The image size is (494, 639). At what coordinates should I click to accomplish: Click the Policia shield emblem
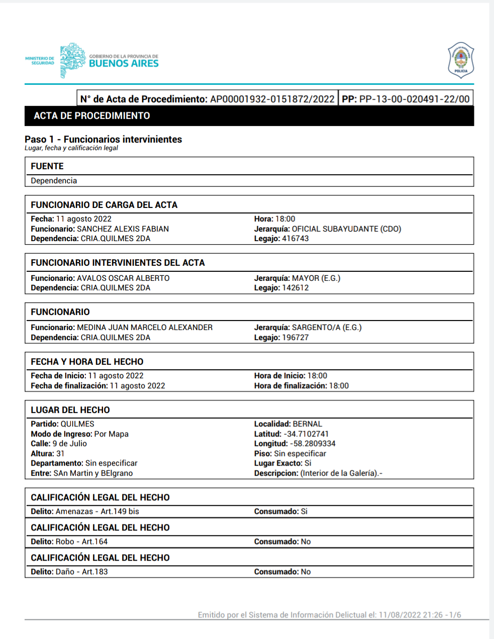[x=460, y=60]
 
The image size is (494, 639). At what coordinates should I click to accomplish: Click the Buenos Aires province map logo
[x=72, y=60]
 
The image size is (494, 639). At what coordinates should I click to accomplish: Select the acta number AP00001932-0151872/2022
[x=272, y=99]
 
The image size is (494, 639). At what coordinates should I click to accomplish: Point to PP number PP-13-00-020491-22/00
[x=414, y=99]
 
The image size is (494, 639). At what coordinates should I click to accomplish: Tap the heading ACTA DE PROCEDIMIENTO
[x=92, y=116]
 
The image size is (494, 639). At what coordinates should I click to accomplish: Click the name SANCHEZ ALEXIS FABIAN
[x=123, y=229]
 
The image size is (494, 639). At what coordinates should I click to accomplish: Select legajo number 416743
[x=295, y=239]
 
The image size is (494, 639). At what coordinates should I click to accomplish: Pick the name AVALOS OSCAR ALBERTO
[x=123, y=278]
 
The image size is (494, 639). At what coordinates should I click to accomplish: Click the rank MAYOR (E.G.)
[x=316, y=278]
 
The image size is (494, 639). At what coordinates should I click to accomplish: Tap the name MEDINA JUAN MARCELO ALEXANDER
[x=145, y=328]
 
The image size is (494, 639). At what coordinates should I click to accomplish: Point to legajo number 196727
[x=295, y=338]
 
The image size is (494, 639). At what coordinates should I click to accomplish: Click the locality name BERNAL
[x=308, y=424]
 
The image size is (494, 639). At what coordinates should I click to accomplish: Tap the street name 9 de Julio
[x=70, y=444]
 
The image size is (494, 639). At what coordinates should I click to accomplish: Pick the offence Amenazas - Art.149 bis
[x=97, y=511]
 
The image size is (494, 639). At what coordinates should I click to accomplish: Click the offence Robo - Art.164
[x=81, y=542]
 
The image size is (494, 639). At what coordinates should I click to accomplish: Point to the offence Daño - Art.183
[x=81, y=572]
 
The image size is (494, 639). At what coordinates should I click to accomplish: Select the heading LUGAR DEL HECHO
[x=70, y=410]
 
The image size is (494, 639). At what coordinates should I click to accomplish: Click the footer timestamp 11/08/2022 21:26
[x=411, y=615]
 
